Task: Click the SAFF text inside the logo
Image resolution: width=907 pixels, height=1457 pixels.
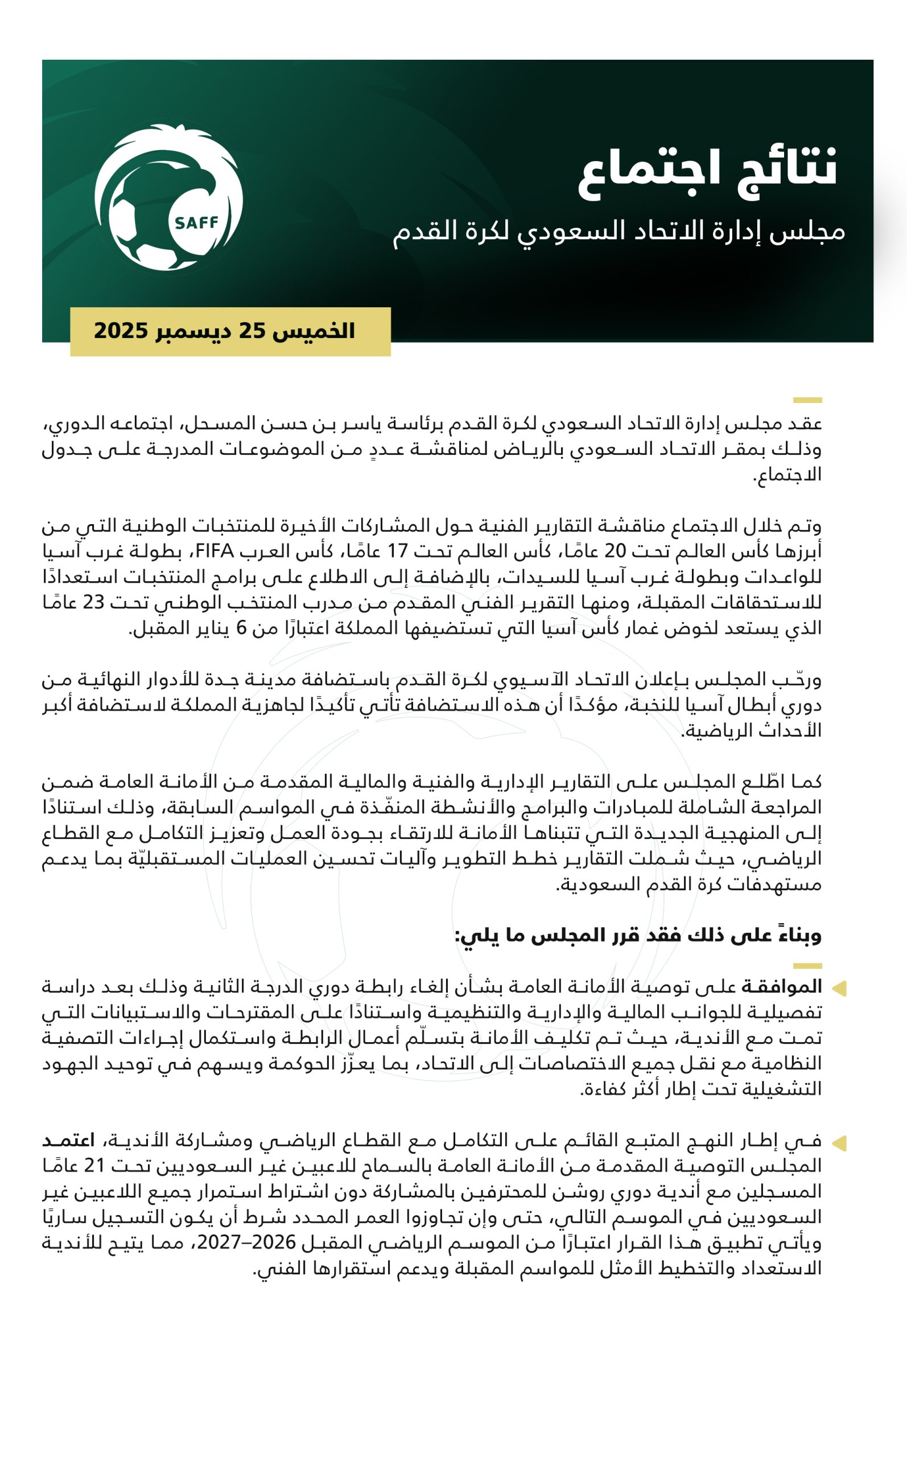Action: pyautogui.click(x=196, y=223)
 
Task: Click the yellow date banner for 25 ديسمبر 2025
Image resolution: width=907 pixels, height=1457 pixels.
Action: pyautogui.click(x=230, y=331)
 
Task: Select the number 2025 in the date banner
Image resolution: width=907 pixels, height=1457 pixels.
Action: pyautogui.click(x=121, y=331)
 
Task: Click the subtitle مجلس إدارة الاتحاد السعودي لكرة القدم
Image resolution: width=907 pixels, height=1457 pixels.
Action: pyautogui.click(x=619, y=232)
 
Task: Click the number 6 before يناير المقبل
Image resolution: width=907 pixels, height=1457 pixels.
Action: pyautogui.click(x=241, y=627)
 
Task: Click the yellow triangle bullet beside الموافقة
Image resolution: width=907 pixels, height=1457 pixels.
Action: pyautogui.click(x=839, y=988)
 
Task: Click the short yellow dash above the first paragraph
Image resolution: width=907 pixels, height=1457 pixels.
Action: pyautogui.click(x=807, y=400)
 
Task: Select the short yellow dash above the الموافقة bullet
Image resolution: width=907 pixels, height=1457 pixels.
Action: pyautogui.click(x=807, y=966)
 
